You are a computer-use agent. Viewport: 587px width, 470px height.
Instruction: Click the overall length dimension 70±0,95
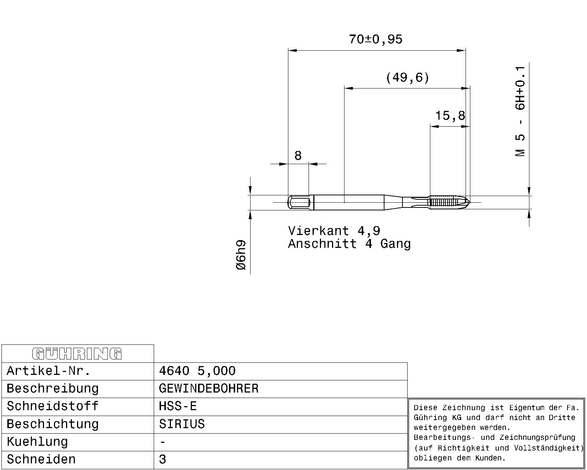[x=376, y=39]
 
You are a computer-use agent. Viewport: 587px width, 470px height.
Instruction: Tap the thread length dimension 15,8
[x=450, y=116]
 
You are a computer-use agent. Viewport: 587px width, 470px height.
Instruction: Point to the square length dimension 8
[x=298, y=156]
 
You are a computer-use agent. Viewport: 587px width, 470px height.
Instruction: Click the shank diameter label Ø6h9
[x=241, y=255]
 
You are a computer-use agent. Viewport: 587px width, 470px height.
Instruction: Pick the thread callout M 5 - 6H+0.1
[x=520, y=111]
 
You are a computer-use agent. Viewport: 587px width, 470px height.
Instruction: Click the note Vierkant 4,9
[x=334, y=231]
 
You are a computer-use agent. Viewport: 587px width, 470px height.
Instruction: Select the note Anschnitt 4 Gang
[x=349, y=243]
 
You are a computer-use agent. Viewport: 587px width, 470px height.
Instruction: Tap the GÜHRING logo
[x=77, y=354]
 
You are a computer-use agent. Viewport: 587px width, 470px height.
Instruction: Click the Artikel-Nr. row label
[x=48, y=371]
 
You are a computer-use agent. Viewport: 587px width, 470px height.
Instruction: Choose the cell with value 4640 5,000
[x=197, y=371]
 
